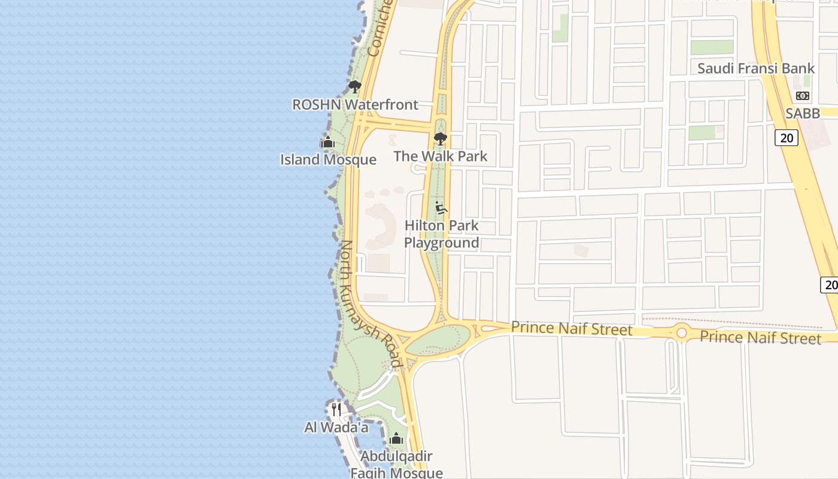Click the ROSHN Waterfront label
point(355,105)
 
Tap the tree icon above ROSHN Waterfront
point(355,87)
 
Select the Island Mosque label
point(328,160)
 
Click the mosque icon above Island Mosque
point(327,143)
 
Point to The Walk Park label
point(441,156)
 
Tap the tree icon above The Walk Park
point(441,139)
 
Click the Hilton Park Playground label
point(442,234)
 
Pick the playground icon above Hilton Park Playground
point(442,208)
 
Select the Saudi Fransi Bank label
point(756,68)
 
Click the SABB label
point(803,113)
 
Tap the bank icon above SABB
point(803,96)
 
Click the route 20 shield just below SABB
point(787,138)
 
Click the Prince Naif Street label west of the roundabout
point(572,329)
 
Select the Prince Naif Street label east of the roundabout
point(760,337)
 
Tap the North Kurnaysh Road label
point(369,304)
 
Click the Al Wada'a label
point(336,428)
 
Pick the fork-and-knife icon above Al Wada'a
point(336,410)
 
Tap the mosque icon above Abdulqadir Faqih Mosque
point(396,439)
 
